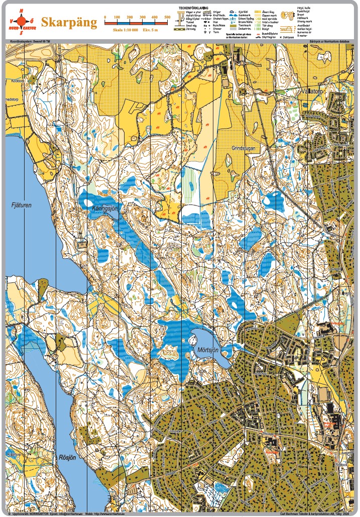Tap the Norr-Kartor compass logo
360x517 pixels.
(21, 21)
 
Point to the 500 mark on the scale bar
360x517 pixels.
(167, 18)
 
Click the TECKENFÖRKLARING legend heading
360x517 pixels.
(193, 8)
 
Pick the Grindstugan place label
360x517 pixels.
(245, 148)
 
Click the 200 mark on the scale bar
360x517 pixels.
(130, 18)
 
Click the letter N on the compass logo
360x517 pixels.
(21, 11)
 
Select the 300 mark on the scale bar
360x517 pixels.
(142, 18)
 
